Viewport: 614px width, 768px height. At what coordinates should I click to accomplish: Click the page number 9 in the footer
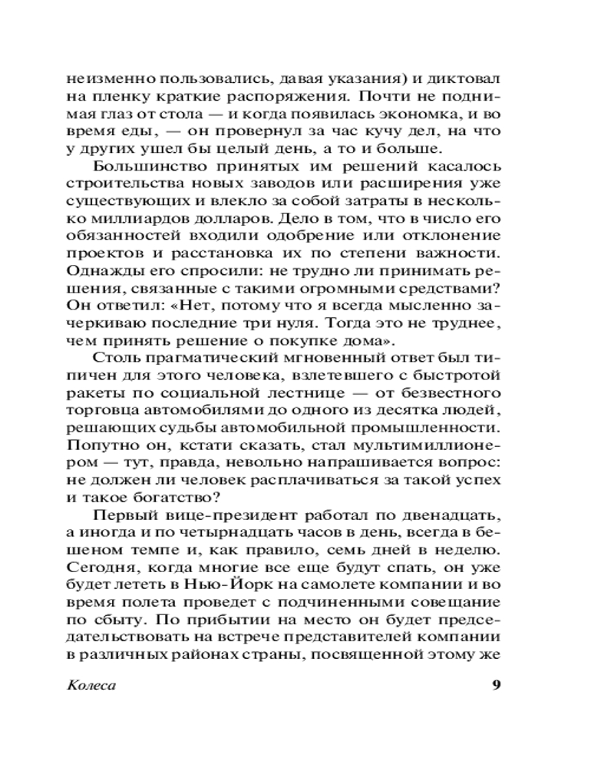point(495,685)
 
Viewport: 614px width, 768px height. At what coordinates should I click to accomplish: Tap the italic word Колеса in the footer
point(91,685)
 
